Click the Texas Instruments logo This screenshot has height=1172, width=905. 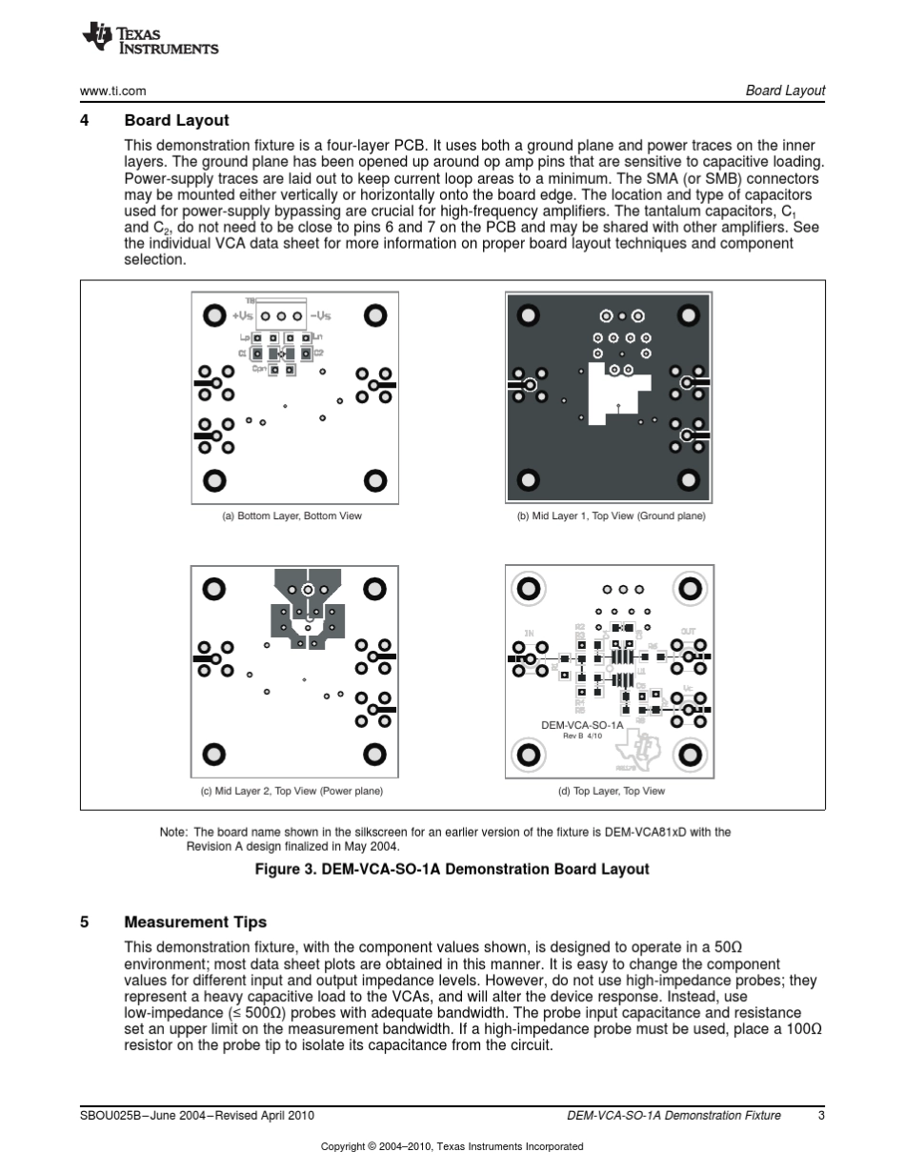point(151,39)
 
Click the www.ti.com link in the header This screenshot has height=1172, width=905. point(112,91)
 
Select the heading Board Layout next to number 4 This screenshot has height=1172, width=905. point(176,121)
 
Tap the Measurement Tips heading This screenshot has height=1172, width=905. point(195,922)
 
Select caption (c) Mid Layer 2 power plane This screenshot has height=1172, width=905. point(292,791)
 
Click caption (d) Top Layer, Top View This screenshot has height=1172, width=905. point(611,791)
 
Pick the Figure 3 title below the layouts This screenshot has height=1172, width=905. point(452,869)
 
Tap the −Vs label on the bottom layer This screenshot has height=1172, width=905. point(320,315)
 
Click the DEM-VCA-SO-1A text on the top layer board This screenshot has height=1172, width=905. point(582,725)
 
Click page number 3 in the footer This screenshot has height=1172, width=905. point(820,1115)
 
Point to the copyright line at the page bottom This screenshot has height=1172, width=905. point(452,1146)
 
